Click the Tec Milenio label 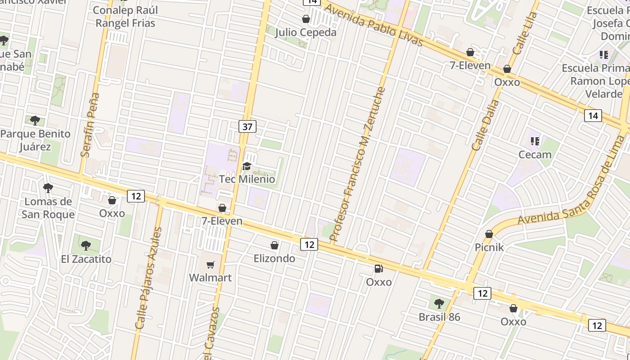click(247, 179)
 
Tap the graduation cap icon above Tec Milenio click(247, 166)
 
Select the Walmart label click(210, 278)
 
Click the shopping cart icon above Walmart click(210, 265)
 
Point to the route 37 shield click(247, 127)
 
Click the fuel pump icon click(378, 269)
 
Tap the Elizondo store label click(274, 258)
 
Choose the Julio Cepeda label click(306, 32)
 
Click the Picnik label click(489, 247)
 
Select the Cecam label click(535, 155)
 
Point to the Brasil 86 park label click(439, 317)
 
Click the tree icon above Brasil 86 click(439, 304)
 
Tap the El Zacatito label click(86, 259)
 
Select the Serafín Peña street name click(90, 125)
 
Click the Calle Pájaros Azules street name click(148, 278)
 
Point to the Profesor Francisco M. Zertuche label click(358, 164)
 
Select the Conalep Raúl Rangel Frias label click(126, 17)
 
